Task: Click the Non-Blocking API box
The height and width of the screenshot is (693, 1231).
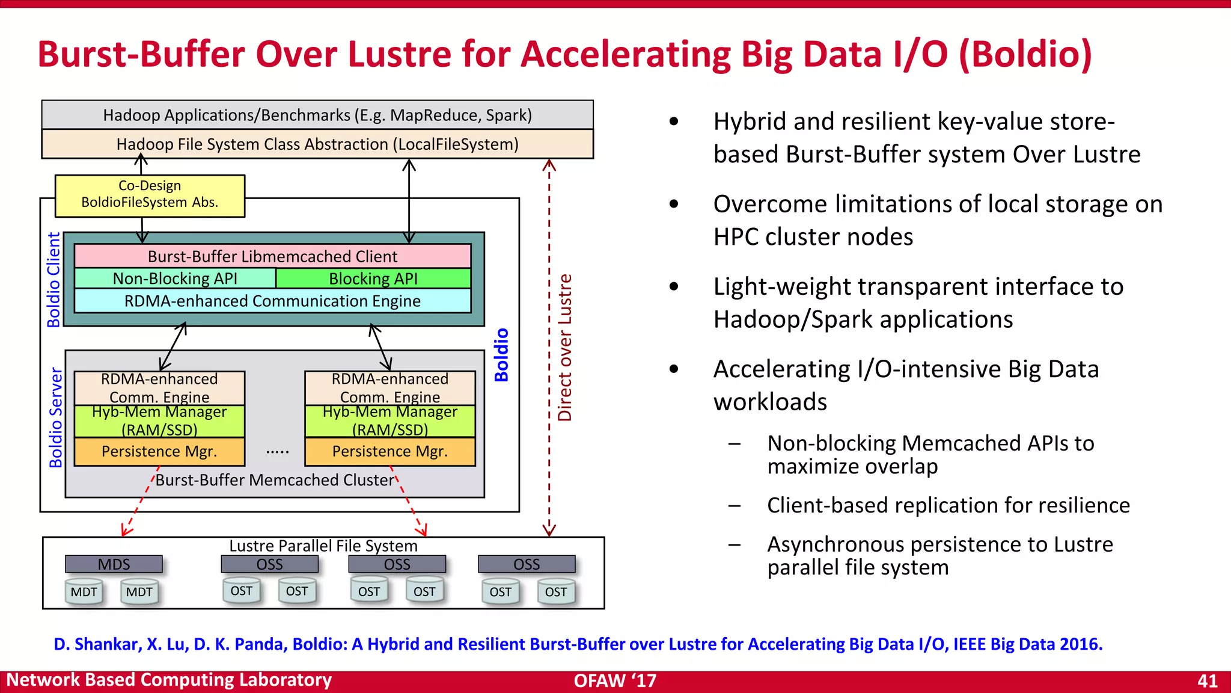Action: coord(175,279)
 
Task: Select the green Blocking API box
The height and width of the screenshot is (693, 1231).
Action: coord(373,279)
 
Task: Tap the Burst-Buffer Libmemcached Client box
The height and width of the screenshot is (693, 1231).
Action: coord(272,256)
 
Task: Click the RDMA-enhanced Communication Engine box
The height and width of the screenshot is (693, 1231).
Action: coord(272,301)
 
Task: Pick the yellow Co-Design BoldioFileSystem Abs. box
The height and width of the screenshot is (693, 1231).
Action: coord(150,195)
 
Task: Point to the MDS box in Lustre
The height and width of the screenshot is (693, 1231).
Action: coord(114,564)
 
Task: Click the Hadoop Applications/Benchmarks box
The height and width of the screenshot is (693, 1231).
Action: coord(317,115)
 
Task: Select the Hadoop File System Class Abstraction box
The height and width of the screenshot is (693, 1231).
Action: coord(317,144)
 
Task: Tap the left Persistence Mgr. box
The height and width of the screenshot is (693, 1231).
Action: coord(159,452)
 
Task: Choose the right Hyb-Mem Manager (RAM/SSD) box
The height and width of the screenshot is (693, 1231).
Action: coord(390,421)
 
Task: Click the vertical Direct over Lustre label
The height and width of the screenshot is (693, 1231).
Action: coord(565,348)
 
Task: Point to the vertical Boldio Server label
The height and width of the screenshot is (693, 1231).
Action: coord(55,417)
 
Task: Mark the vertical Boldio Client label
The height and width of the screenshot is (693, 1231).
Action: coord(53,280)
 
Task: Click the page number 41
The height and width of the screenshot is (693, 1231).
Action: coord(1208,680)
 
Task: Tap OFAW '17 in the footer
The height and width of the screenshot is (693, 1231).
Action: coord(615,680)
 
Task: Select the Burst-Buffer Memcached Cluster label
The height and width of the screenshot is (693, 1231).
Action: coord(275,480)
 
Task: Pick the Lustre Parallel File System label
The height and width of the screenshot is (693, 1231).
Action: coord(323,546)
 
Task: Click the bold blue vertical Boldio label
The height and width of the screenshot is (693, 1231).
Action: coord(501,355)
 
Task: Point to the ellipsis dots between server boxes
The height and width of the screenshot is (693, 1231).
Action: coord(277,451)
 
